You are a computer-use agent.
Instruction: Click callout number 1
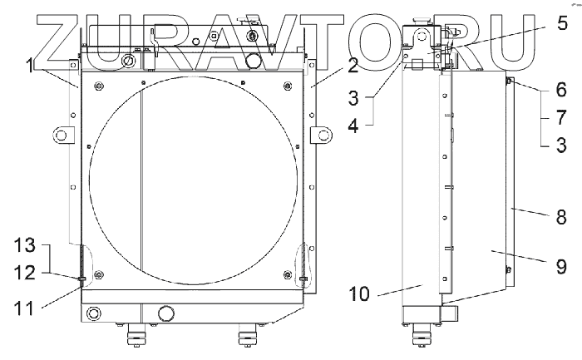click(30, 67)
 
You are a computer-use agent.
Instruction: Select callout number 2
click(353, 65)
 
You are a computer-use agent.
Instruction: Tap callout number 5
click(562, 22)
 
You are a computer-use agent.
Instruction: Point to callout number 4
click(353, 126)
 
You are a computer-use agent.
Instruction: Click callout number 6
click(561, 90)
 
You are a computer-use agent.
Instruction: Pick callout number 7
click(561, 117)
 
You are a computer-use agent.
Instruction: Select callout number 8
click(561, 217)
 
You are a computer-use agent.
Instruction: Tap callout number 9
click(561, 266)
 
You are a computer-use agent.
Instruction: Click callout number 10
click(359, 294)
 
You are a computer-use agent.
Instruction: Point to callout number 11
click(24, 308)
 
